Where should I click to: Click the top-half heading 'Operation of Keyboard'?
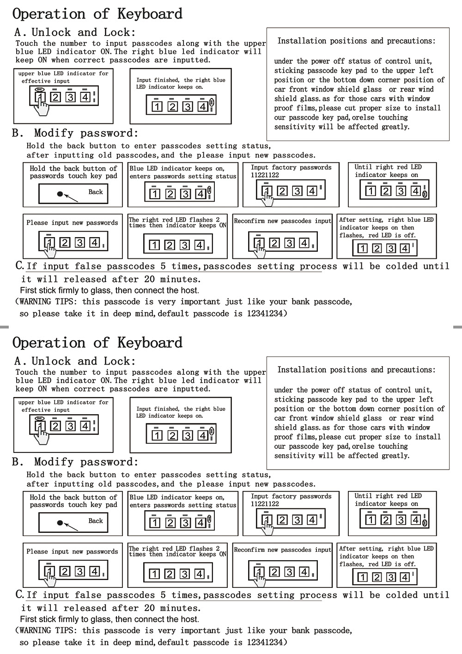(x=97, y=14)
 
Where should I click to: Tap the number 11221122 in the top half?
(x=265, y=175)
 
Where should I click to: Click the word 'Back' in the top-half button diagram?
(x=96, y=192)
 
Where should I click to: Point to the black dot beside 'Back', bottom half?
(x=60, y=523)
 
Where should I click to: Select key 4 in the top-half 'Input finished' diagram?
(x=202, y=107)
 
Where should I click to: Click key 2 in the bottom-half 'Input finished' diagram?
(x=172, y=435)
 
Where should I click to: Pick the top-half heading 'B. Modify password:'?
(x=75, y=133)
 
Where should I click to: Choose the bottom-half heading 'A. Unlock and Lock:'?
(x=75, y=361)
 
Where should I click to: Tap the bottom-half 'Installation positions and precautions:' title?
(x=356, y=370)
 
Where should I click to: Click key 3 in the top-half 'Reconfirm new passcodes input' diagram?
(x=289, y=243)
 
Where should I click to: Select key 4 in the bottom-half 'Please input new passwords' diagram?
(x=95, y=572)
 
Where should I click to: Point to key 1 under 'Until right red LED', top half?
(x=371, y=191)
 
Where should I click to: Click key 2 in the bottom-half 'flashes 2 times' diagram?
(x=170, y=574)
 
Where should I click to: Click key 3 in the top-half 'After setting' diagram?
(x=391, y=249)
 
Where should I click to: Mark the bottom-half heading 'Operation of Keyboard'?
(x=97, y=342)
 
